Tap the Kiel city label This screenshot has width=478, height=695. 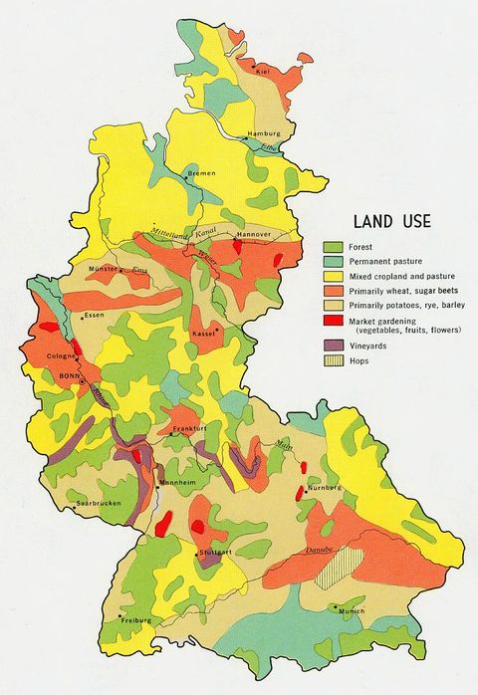(x=264, y=72)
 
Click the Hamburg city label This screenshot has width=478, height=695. (x=265, y=132)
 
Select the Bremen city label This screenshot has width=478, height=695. (x=202, y=173)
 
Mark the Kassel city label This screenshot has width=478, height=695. (x=203, y=333)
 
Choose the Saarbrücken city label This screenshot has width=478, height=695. (x=99, y=504)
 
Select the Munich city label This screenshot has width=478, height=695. (x=352, y=610)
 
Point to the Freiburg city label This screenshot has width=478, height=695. (x=135, y=619)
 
